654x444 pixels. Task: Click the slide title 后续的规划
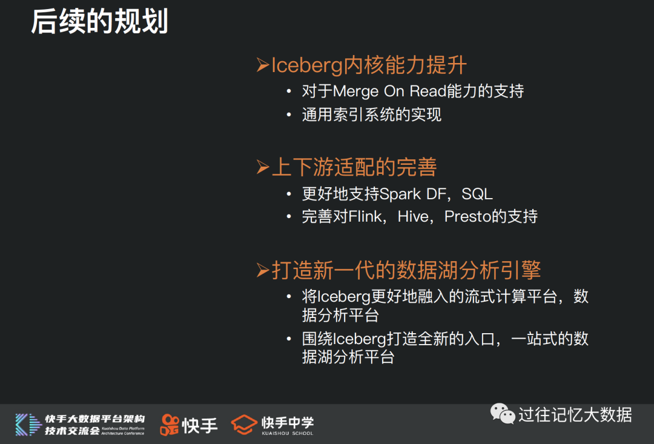(99, 21)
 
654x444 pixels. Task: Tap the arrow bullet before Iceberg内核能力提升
(262, 65)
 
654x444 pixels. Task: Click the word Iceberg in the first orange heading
(307, 66)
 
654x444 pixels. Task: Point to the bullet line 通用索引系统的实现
(372, 114)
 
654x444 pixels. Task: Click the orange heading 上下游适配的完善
(354, 167)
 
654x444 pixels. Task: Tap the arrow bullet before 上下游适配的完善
(262, 167)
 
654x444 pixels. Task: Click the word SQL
(477, 194)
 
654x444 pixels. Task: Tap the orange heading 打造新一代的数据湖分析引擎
(406, 270)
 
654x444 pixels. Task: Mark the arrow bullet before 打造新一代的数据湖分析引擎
(262, 270)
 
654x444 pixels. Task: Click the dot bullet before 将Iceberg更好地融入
(289, 297)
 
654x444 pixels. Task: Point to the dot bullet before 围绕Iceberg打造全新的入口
(289, 339)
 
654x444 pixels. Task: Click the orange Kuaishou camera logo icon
(170, 425)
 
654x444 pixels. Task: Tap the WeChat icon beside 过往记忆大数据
(503, 414)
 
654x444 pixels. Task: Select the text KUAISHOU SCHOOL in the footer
(288, 433)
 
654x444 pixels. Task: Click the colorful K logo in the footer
(29, 425)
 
